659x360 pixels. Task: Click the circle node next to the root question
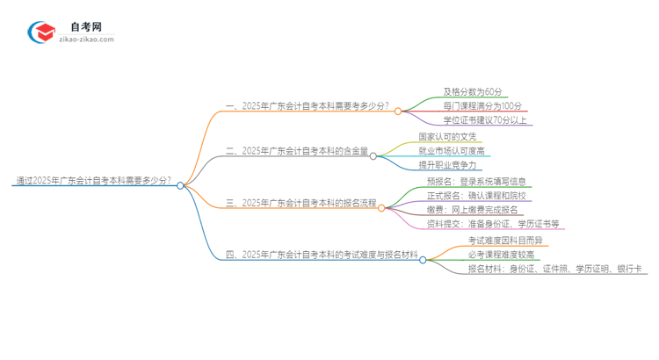pyautogui.click(x=180, y=185)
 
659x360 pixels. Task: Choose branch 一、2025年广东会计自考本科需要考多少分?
pyautogui.click(x=308, y=106)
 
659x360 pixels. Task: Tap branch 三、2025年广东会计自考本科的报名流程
pyautogui.click(x=301, y=203)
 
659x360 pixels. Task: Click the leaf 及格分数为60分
pyautogui.click(x=473, y=91)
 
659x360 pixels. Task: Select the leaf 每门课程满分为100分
pyautogui.click(x=482, y=105)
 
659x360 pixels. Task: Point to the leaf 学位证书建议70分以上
pyautogui.click(x=485, y=120)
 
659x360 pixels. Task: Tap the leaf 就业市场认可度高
pyautogui.click(x=453, y=151)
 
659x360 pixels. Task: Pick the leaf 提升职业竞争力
pyautogui.click(x=448, y=165)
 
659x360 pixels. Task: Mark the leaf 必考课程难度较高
pyautogui.click(x=500, y=254)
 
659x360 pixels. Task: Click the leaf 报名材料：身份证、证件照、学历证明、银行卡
pyautogui.click(x=555, y=269)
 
